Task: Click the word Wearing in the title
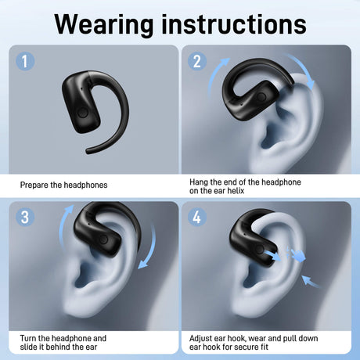pos(103,24)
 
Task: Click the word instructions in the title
pos(234,24)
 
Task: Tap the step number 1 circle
pos(25,61)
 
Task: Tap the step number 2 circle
pos(197,61)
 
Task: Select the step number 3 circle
pos(25,217)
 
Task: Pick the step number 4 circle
pos(197,217)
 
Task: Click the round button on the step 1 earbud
pos(83,113)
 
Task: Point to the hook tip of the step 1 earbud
pos(88,151)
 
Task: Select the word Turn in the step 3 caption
pos(28,338)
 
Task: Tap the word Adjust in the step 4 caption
pos(200,339)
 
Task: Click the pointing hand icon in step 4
pos(297,256)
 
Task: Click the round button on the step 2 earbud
pos(261,97)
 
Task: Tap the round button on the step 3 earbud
pos(104,239)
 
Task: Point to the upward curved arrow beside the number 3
pos(62,227)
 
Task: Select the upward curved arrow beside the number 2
pos(214,76)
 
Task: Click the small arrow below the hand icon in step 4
pos(311,283)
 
